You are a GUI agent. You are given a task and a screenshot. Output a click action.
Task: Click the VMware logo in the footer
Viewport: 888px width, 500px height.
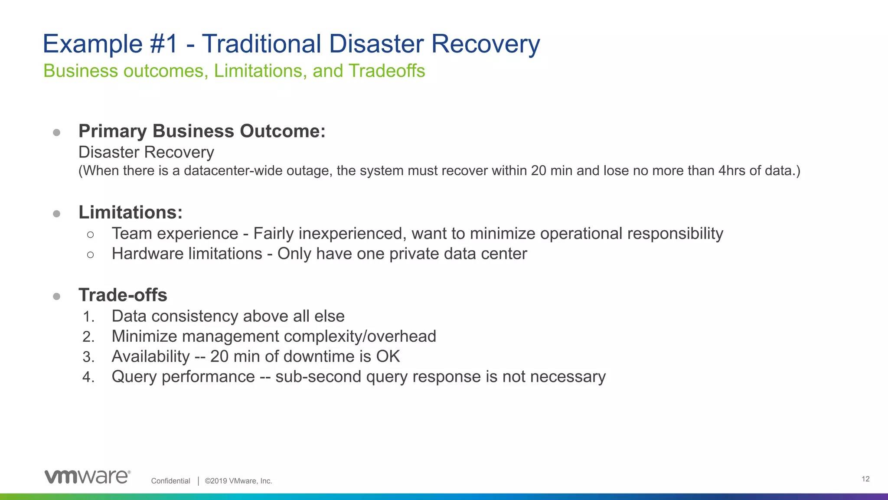[x=87, y=476]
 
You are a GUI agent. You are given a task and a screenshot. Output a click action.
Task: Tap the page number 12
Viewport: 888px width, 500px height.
[x=865, y=479]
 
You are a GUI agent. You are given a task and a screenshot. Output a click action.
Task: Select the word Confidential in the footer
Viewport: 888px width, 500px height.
[x=170, y=481]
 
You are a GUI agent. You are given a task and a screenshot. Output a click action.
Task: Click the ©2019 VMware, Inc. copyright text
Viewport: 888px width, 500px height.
[x=238, y=481]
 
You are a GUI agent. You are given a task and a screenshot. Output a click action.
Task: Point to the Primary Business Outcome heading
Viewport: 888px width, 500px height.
[x=202, y=131]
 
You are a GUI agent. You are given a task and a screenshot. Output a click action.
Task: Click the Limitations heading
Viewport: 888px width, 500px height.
[x=131, y=212]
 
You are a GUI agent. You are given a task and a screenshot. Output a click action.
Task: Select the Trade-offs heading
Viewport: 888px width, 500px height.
[x=123, y=295]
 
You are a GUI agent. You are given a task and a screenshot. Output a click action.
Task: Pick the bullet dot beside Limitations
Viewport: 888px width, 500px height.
[x=56, y=213]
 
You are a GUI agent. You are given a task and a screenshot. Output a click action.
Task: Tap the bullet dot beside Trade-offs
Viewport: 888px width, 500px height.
[x=56, y=296]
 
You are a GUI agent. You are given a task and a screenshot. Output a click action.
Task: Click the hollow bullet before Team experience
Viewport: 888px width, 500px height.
[x=90, y=235]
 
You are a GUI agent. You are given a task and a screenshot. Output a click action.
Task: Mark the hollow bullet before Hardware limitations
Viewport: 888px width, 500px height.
[x=90, y=255]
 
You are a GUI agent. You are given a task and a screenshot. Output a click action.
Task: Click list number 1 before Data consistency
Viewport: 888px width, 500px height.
[x=88, y=317]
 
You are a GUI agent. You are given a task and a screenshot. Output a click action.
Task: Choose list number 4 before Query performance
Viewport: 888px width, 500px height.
[x=88, y=377]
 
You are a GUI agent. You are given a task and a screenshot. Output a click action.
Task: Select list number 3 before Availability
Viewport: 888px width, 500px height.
[x=88, y=357]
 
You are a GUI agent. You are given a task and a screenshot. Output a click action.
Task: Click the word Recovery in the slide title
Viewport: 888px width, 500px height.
[x=485, y=44]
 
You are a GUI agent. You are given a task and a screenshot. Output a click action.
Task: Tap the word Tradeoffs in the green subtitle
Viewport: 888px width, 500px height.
[x=387, y=71]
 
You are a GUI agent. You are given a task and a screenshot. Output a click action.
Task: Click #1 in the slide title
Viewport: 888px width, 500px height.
[x=164, y=44]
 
